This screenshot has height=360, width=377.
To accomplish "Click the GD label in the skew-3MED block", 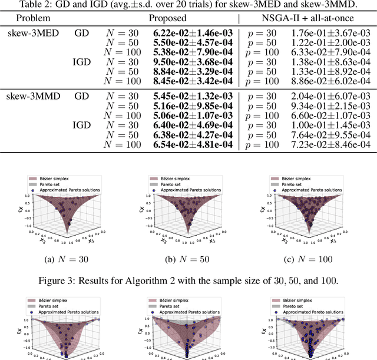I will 82,33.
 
